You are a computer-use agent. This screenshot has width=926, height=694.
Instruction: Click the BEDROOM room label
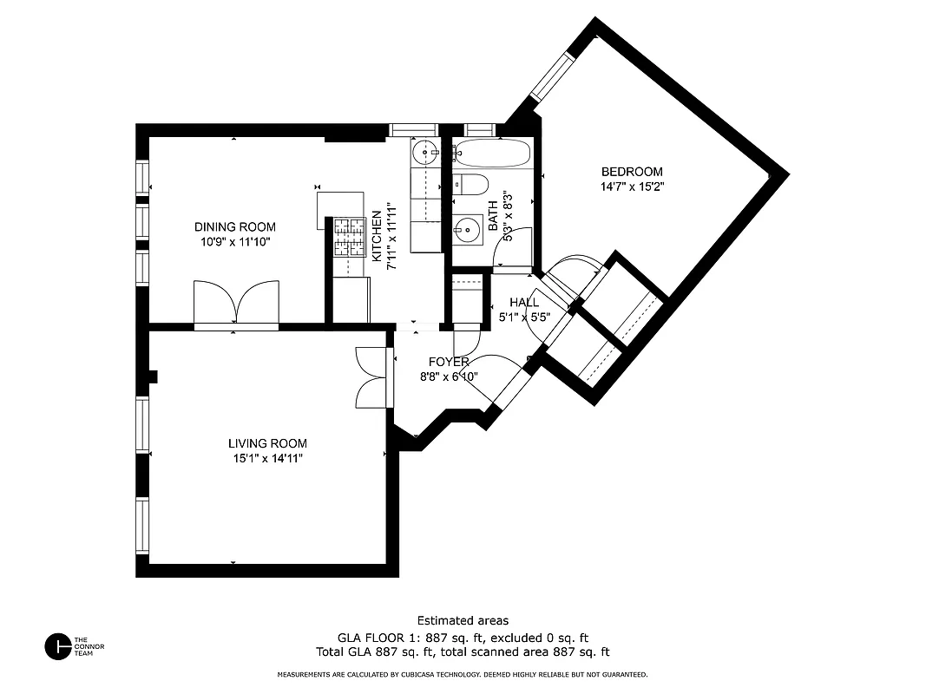click(x=632, y=172)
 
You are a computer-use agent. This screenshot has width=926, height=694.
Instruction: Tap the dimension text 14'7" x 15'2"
click(x=632, y=187)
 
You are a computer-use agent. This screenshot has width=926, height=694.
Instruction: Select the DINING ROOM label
click(x=234, y=227)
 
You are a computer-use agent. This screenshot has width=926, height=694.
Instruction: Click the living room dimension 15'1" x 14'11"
click(x=267, y=458)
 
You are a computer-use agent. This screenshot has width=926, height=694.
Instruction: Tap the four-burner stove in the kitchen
click(x=350, y=237)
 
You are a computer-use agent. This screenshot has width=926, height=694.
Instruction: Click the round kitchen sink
click(x=426, y=154)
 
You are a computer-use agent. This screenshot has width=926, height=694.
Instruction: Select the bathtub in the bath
click(x=491, y=154)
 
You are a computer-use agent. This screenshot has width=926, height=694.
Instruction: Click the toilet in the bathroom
click(x=471, y=185)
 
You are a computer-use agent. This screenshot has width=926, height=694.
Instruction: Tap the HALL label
click(x=524, y=302)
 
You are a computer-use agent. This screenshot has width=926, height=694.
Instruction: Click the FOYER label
click(x=449, y=362)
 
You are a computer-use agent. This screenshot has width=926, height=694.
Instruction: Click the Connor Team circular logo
click(x=57, y=646)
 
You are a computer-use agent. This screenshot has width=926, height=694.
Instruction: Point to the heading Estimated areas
click(x=463, y=620)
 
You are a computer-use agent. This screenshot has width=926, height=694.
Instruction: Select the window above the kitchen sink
click(x=411, y=130)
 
